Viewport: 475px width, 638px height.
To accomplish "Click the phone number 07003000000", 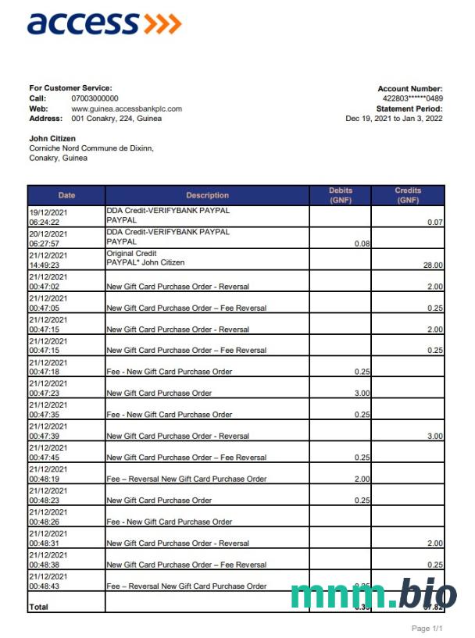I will pos(95,98).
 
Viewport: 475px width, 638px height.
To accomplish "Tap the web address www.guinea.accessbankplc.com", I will pos(127,109).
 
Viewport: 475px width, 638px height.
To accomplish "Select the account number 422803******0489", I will pos(412,98).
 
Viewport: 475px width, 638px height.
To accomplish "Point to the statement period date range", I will pos(394,119).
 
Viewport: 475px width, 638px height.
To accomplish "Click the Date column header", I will pos(66,195).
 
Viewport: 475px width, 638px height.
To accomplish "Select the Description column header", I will pos(207,195).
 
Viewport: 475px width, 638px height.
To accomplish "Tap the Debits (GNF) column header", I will pos(341,195).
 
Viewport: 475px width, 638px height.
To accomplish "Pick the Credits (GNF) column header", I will pos(408,195).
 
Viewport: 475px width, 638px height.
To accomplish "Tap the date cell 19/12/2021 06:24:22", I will pos(49,216).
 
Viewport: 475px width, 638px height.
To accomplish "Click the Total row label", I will pos(38,606).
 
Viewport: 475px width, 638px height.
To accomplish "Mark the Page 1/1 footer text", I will pos(427,628).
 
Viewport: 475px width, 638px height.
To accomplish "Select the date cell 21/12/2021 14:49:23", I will pos(49,259).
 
